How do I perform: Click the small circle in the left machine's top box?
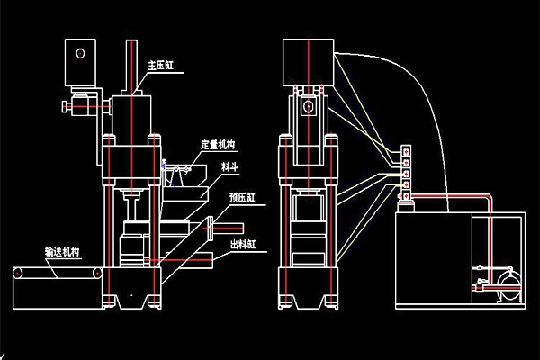(x=81, y=53)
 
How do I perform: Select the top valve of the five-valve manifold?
(x=406, y=151)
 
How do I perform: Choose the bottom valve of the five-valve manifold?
(x=406, y=195)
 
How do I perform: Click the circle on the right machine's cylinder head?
(x=310, y=107)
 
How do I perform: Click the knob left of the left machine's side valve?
(x=66, y=109)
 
